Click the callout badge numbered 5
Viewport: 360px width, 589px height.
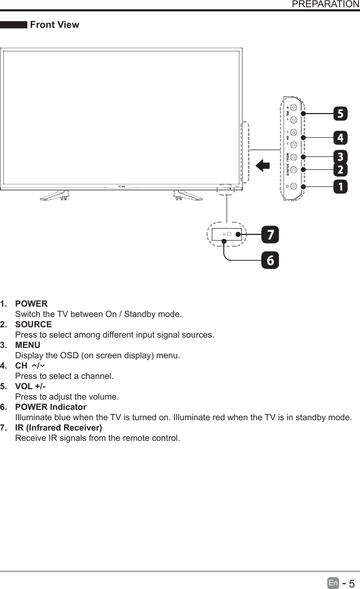click(x=340, y=113)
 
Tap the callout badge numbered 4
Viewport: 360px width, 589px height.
click(x=340, y=138)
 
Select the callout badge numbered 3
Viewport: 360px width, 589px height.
click(x=340, y=156)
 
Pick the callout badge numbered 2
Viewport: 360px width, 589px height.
click(x=340, y=169)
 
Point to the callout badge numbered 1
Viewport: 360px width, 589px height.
click(x=340, y=186)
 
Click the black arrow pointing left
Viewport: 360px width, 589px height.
click(x=263, y=166)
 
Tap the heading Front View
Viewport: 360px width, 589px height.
click(x=55, y=25)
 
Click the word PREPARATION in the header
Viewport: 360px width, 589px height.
click(x=325, y=5)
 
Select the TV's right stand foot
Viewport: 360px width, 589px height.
click(x=187, y=196)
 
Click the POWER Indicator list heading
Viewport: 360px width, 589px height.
click(x=51, y=407)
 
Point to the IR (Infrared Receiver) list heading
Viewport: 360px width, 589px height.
click(x=58, y=428)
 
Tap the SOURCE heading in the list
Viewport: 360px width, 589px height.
click(x=34, y=324)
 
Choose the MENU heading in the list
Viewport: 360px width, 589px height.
click(x=28, y=345)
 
